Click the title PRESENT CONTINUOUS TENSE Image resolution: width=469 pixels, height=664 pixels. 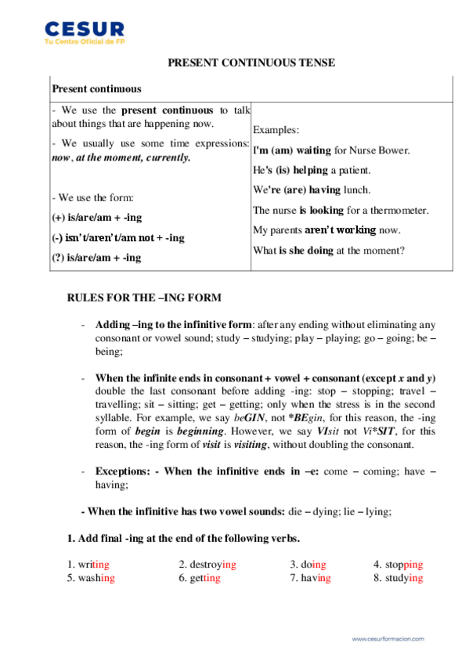tap(251, 63)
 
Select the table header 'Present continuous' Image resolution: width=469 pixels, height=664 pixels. tap(96, 88)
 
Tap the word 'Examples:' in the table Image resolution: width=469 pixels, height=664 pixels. tap(277, 129)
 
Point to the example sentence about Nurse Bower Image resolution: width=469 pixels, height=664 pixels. tap(342, 150)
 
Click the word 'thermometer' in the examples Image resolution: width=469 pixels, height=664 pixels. tap(397, 210)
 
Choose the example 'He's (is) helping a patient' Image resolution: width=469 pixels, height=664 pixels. tap(312, 170)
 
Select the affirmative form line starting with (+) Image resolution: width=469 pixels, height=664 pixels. tap(97, 217)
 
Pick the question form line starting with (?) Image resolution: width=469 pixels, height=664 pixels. tap(96, 257)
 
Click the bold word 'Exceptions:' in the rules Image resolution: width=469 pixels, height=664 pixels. tap(124, 471)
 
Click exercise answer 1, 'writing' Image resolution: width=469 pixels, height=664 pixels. tap(89, 564)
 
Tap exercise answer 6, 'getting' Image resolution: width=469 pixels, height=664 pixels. tap(199, 578)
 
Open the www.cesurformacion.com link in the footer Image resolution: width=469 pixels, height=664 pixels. tap(388, 639)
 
